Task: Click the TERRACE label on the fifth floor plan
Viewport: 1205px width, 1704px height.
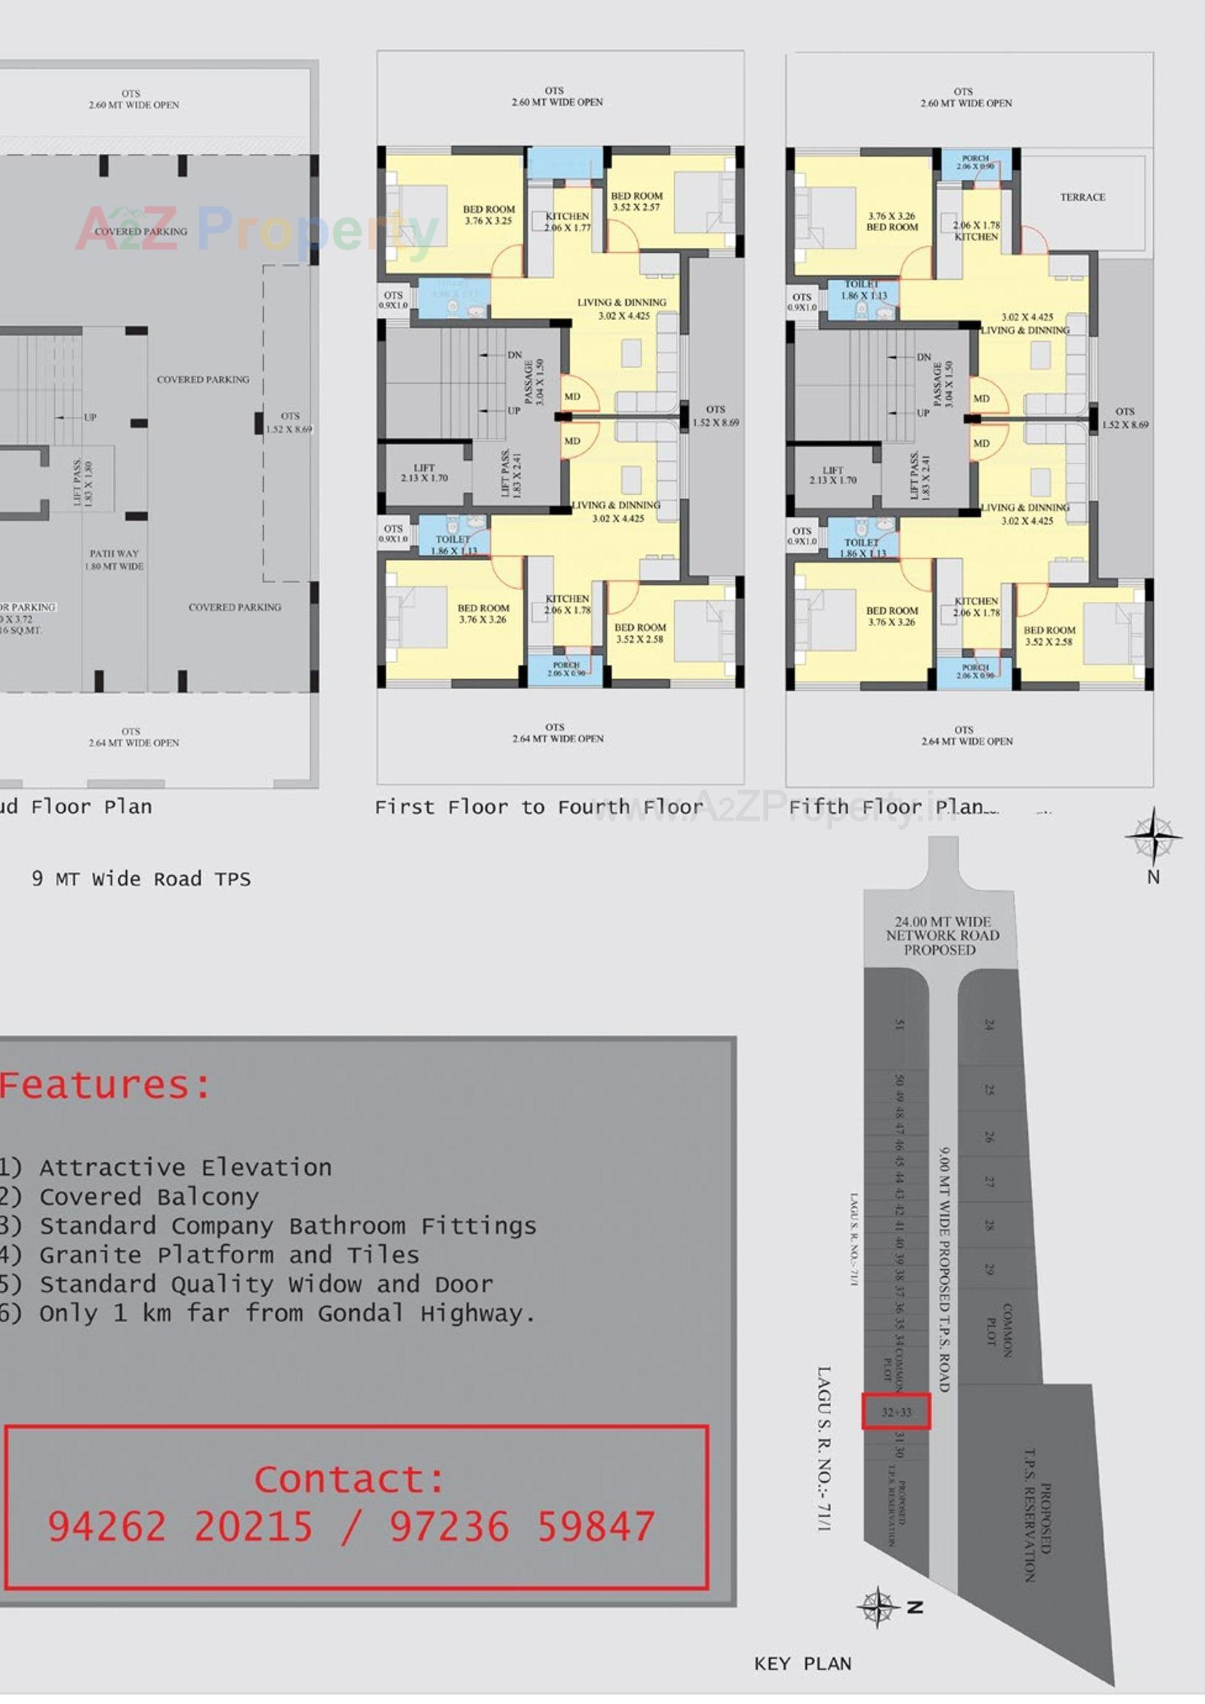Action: [x=1082, y=198]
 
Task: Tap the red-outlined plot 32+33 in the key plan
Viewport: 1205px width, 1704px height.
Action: [x=895, y=1412]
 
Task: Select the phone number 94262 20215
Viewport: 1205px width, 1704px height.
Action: [x=180, y=1528]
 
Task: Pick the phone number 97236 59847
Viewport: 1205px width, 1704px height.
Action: [x=523, y=1528]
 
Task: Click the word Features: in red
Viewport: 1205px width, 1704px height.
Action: [x=106, y=1086]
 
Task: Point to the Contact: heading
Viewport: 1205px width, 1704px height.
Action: [x=349, y=1479]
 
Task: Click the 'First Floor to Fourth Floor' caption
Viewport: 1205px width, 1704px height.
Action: [x=538, y=807]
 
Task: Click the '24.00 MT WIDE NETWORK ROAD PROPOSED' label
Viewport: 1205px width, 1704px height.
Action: [x=941, y=935]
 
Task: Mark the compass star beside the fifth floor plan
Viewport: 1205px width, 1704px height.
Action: [x=1153, y=837]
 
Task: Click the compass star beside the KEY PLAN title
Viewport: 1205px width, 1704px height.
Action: [x=878, y=1608]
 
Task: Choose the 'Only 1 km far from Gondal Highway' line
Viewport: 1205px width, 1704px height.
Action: [x=268, y=1313]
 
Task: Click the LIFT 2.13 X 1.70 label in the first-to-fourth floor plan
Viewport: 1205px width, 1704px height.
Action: [x=424, y=473]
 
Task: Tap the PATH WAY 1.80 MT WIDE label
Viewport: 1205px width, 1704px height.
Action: [x=114, y=560]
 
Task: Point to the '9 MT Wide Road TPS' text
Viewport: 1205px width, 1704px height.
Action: [x=141, y=880]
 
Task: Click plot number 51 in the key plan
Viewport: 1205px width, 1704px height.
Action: [x=899, y=1025]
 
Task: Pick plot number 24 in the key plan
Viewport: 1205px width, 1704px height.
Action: [x=988, y=1024]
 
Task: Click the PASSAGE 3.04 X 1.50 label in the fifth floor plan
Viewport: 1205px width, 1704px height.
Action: [x=942, y=383]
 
